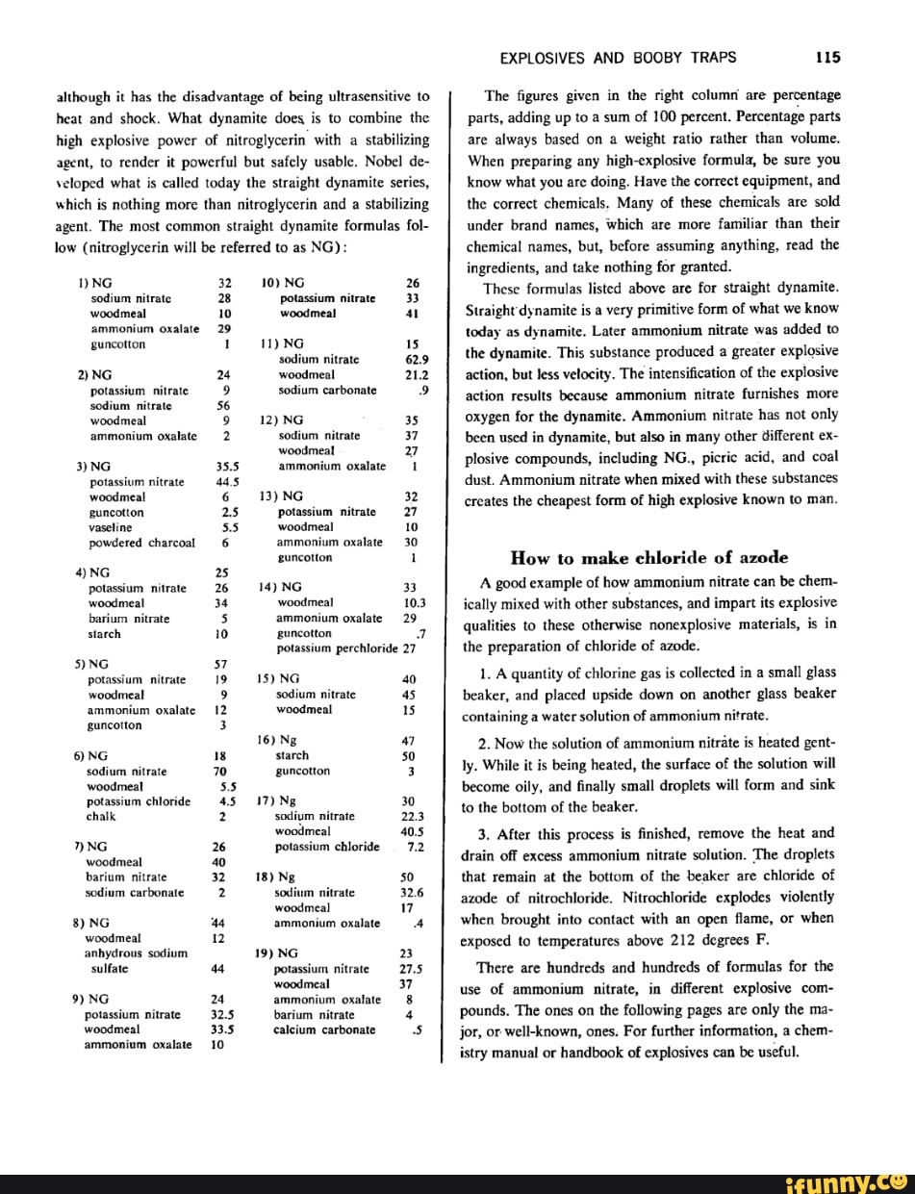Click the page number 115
(x=827, y=57)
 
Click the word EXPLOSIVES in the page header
(x=540, y=57)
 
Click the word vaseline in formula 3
(x=110, y=527)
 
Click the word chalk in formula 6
(x=101, y=816)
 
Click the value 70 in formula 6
(x=221, y=771)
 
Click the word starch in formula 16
(x=292, y=755)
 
